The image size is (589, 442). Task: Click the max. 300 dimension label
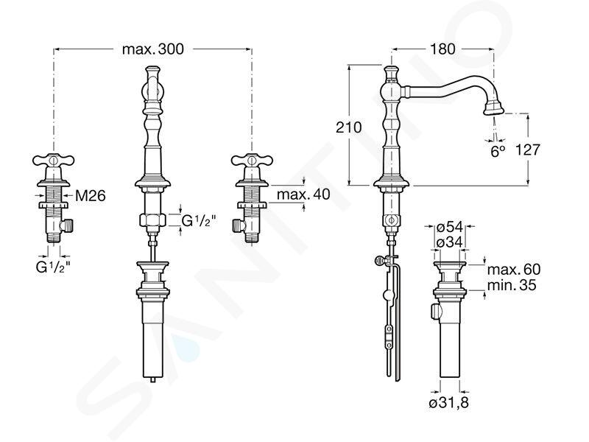[x=153, y=49]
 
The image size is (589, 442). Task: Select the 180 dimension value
[x=443, y=49]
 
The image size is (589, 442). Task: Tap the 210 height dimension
[x=348, y=127]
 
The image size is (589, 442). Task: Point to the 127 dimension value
[x=527, y=150]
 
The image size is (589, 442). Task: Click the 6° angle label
[x=498, y=151]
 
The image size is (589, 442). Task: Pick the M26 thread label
[x=91, y=195]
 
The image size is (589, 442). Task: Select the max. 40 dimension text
[x=303, y=194]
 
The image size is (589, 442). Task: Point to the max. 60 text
[x=514, y=269]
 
